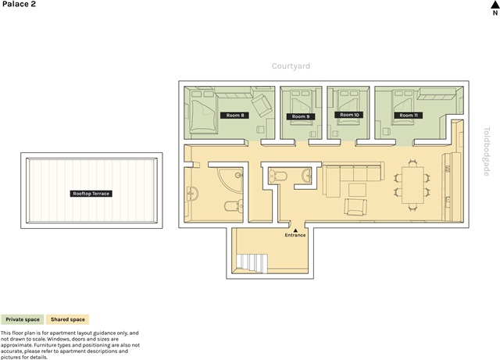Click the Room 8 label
point(234,115)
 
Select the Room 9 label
point(301,116)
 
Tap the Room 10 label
point(349,115)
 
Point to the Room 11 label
point(409,115)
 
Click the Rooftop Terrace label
point(91,194)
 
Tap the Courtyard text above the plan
point(291,66)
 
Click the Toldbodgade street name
point(487,151)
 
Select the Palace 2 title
point(19,4)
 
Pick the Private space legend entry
point(23,319)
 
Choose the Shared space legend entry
point(68,319)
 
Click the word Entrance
point(295,235)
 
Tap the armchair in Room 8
point(262,105)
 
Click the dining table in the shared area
point(412,185)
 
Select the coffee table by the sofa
point(357,190)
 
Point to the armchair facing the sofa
point(355,207)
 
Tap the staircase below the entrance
point(252,263)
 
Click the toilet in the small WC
point(278,176)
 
